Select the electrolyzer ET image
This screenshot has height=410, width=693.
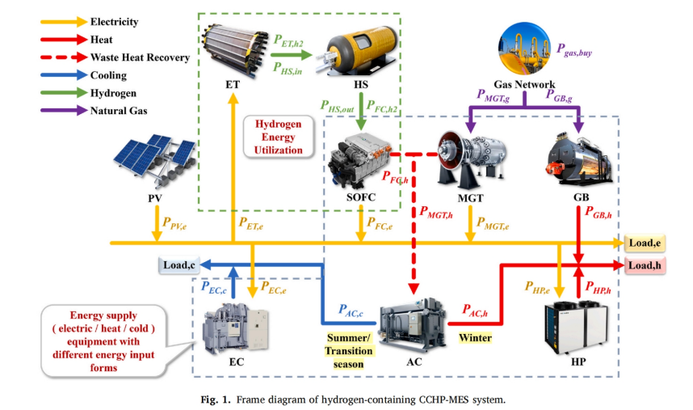(x=233, y=49)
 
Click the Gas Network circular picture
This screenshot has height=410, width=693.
(x=523, y=49)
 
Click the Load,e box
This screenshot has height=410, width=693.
(x=645, y=243)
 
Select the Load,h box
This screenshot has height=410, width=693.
(x=645, y=264)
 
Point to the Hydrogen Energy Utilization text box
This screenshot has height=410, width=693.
(x=279, y=136)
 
